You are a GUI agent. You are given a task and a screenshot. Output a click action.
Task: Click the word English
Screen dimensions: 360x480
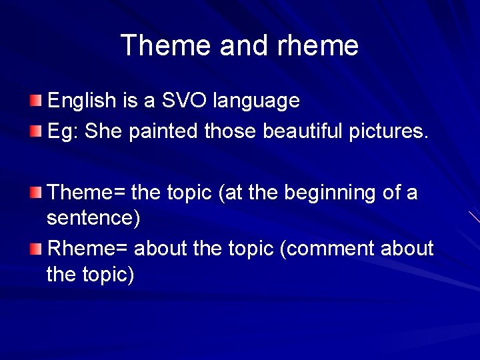tap(82, 101)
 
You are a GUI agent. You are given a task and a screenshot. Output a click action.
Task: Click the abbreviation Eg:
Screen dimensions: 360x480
tap(63, 131)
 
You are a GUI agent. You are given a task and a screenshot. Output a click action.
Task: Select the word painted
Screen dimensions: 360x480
tap(163, 131)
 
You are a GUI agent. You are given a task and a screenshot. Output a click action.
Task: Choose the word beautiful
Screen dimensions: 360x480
tap(303, 131)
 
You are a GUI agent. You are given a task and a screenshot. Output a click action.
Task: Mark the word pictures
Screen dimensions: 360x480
tap(389, 131)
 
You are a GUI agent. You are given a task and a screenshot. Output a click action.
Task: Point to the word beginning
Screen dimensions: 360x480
tap(330, 193)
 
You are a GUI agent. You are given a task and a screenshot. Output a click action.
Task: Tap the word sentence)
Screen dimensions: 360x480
tap(93, 218)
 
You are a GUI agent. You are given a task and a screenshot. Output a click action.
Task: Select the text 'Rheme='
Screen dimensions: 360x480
tap(89, 249)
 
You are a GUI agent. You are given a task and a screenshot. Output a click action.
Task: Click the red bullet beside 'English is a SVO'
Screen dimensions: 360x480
tap(35, 101)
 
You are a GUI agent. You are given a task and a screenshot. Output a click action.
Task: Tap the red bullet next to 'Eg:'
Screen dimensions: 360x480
tap(35, 131)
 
